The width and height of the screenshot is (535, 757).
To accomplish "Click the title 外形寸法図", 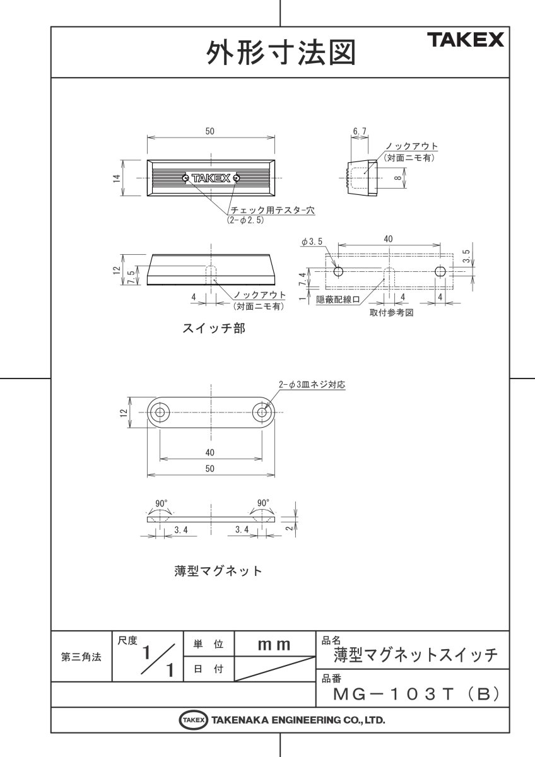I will point(280,53).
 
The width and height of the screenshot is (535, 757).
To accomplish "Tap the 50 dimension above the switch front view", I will point(210,131).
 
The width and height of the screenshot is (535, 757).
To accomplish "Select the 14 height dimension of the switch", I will point(117,179).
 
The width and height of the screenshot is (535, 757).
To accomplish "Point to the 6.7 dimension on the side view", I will point(360,131).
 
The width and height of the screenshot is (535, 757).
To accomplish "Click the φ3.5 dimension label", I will point(312,242).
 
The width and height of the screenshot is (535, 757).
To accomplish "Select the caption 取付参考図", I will point(391,313).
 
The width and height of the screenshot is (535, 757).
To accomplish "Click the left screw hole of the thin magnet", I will point(159,413).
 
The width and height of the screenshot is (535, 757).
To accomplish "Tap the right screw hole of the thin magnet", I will point(262,413).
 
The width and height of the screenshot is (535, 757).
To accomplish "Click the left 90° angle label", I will point(162,503).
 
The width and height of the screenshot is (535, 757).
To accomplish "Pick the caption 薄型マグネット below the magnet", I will point(218,570).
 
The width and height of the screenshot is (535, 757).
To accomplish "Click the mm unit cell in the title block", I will point(274,645).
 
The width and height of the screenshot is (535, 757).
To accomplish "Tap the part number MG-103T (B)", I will point(416,694).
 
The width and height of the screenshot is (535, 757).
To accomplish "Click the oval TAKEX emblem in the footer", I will point(193,719).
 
